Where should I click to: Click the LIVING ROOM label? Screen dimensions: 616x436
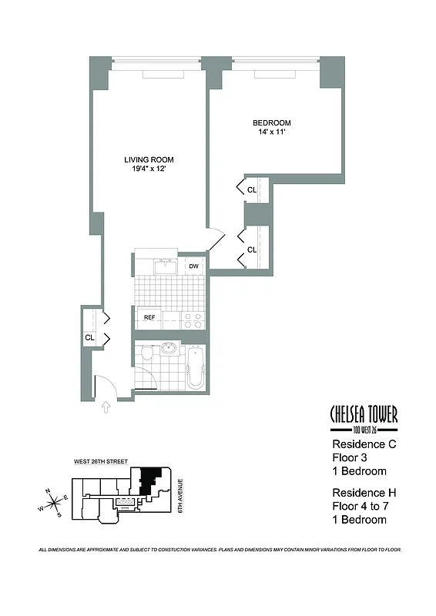149,160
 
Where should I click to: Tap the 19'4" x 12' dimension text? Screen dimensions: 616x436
149,170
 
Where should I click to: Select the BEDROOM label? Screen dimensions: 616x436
272,123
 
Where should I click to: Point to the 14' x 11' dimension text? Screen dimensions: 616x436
272,133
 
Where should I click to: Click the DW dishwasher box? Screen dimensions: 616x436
194,266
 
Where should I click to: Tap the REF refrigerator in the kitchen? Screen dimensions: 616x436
148,316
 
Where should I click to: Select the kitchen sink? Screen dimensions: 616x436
165,266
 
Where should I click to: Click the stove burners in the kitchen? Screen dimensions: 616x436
193,320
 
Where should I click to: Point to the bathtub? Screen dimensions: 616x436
196,367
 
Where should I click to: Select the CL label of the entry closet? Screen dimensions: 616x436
90,337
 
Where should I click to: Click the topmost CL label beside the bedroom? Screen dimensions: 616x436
252,189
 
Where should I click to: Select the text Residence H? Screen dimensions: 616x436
364,493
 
